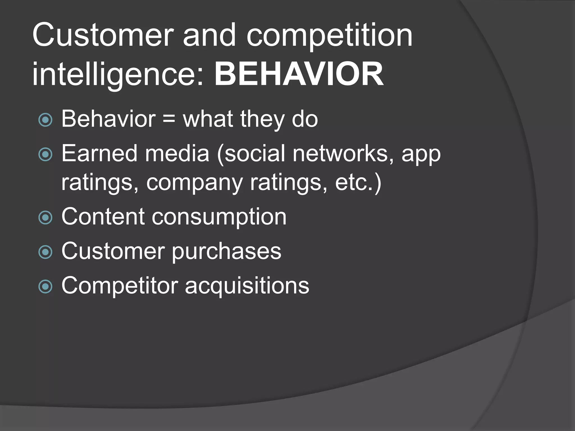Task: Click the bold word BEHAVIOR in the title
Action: pos(299,74)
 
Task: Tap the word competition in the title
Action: pos(330,35)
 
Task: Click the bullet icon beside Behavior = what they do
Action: pos(45,120)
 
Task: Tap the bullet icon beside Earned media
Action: pos(45,154)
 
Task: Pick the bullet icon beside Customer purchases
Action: pos(45,252)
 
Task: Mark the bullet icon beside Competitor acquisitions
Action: pos(45,286)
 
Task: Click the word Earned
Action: pos(99,153)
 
